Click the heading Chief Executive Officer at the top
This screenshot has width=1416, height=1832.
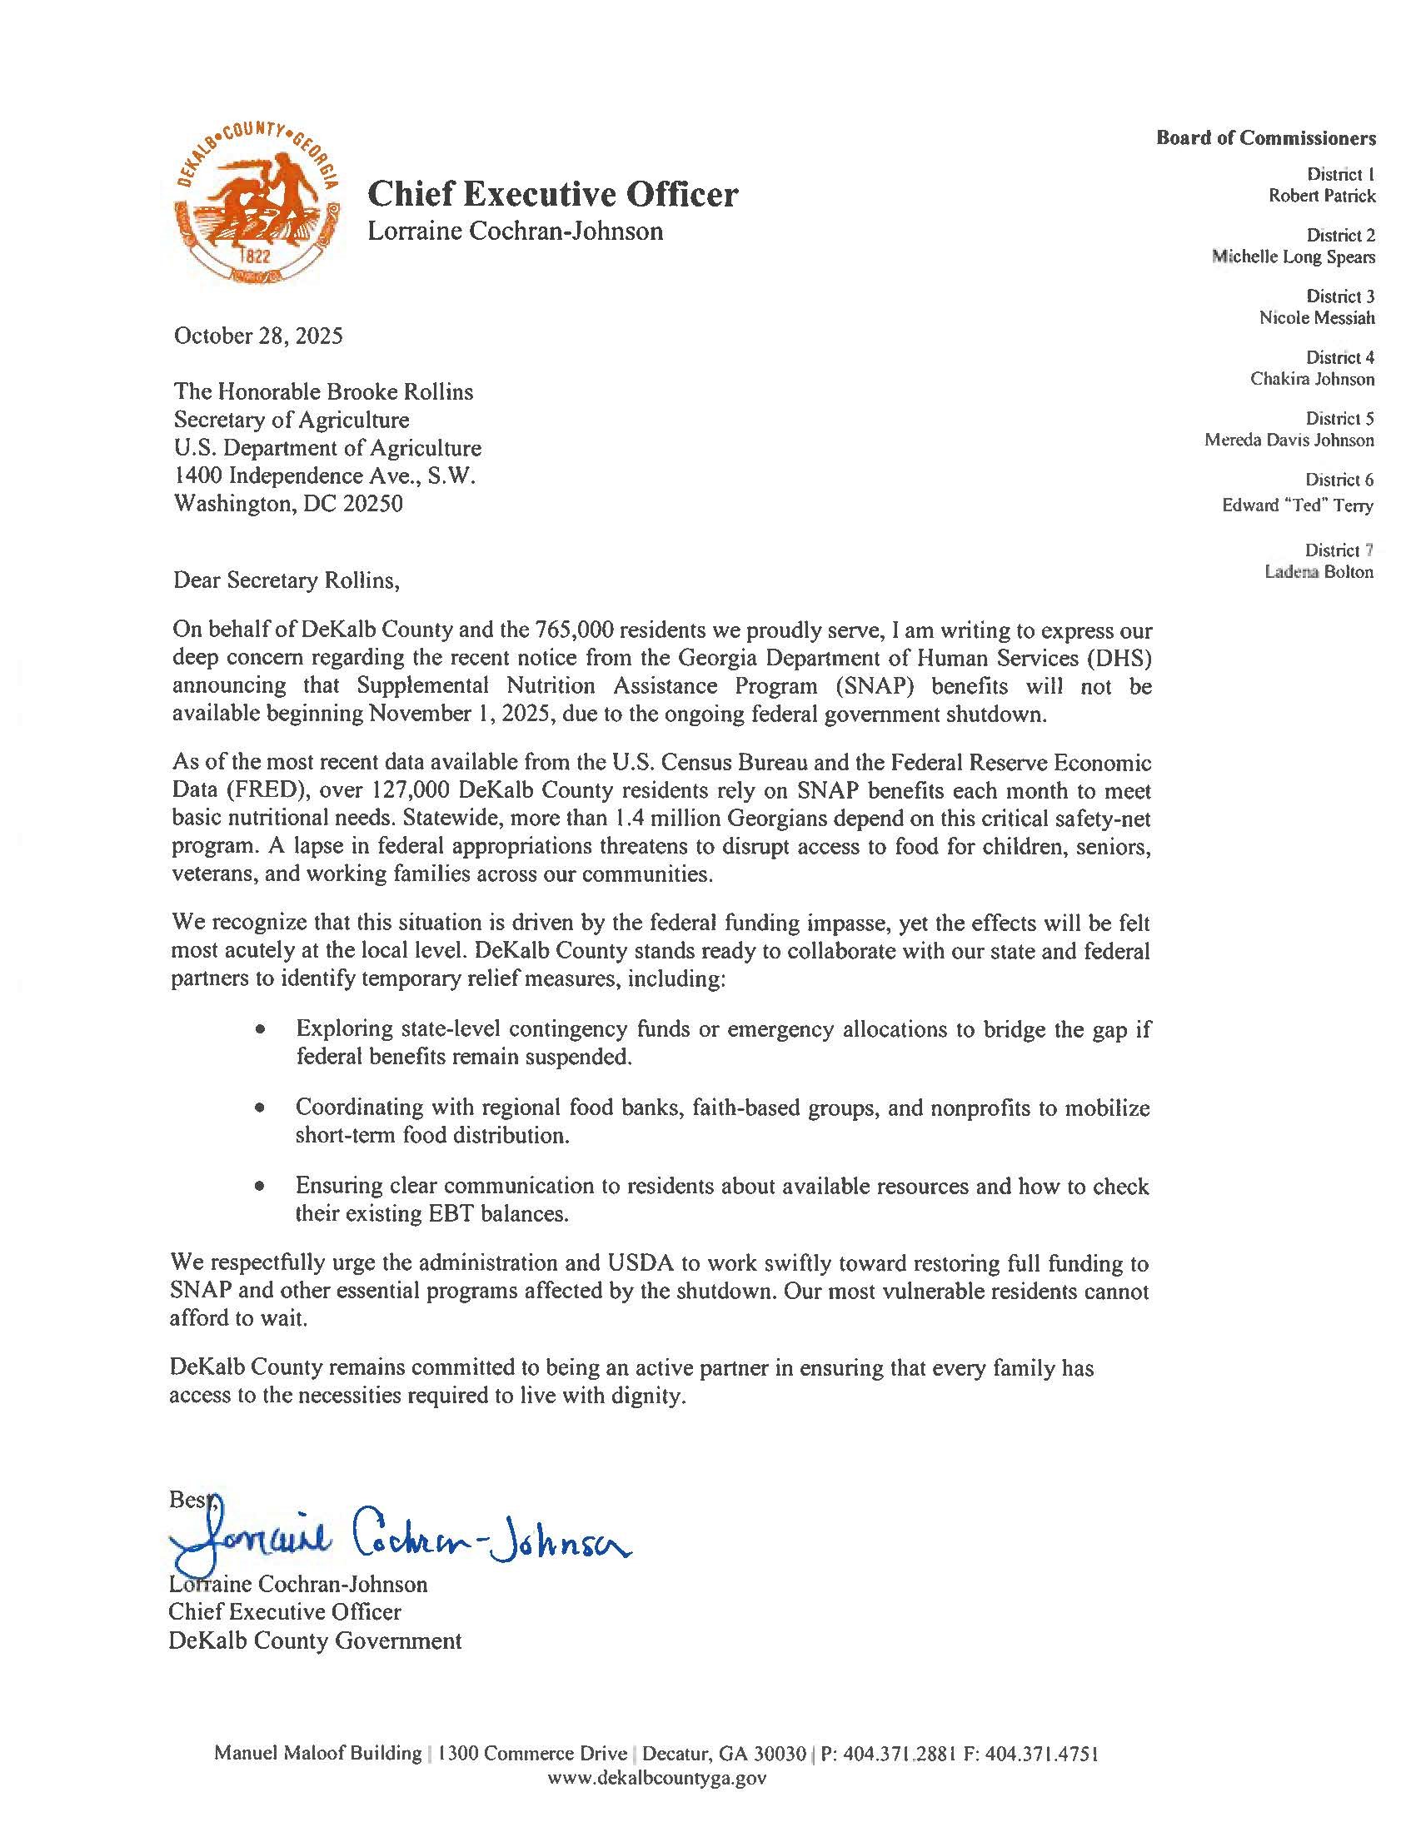(553, 195)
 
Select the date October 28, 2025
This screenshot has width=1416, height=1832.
(258, 336)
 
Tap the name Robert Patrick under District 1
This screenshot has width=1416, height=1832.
(1321, 197)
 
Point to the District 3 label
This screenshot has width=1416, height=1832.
(1339, 296)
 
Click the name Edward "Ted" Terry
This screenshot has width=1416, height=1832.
(1297, 505)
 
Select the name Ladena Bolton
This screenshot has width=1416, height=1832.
(1319, 572)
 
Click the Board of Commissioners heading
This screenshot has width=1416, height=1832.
(1266, 137)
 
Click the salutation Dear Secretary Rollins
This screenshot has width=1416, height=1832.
(286, 580)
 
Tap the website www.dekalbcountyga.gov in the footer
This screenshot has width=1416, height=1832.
(656, 1777)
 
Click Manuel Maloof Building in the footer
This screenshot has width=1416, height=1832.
(318, 1753)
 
